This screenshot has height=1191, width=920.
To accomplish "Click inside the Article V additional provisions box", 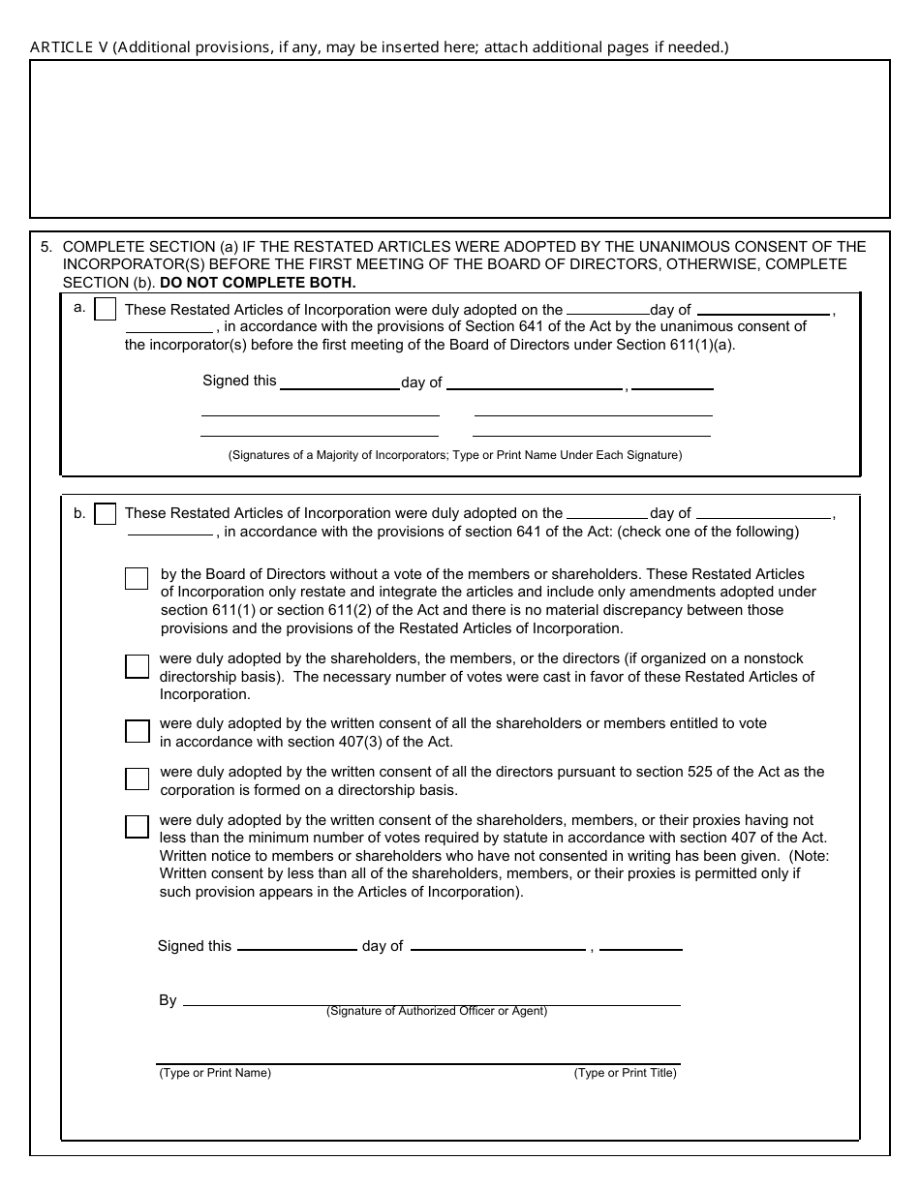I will pos(459,138).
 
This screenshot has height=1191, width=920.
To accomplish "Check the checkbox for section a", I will pos(106,310).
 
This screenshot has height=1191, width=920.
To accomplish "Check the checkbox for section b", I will pos(106,514).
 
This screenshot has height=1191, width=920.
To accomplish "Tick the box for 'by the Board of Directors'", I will pos(137,578).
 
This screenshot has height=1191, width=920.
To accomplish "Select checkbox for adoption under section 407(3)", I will pos(137,731).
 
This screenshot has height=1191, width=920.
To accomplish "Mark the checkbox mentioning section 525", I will pos(137,779).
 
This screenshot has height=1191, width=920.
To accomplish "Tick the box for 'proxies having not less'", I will pos(137,826).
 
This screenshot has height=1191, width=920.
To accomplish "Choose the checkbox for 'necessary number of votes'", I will pos(137,666).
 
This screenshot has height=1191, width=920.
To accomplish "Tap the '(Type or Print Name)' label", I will pos(215,1073).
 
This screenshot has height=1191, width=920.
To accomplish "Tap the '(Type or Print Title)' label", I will pos(625,1073).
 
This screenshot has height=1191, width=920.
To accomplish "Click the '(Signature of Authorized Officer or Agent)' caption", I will pos(437,1012).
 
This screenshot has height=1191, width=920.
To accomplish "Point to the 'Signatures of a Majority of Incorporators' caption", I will pos(455,455).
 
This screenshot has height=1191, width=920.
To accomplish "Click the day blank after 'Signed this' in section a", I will pos(339,383).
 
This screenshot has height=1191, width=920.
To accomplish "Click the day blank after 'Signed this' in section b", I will pos(296,946).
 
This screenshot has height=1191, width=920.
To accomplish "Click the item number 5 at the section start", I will pos(46,247).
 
